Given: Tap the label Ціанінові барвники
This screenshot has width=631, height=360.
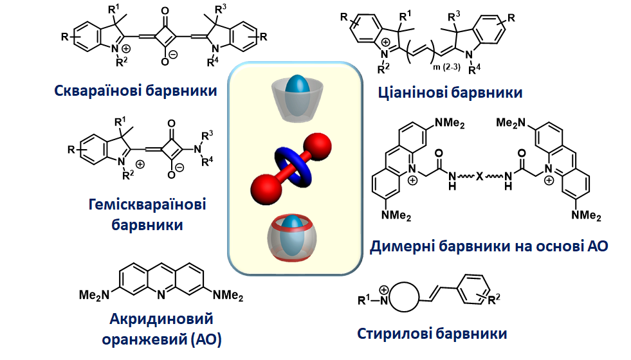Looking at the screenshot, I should click(x=450, y=93).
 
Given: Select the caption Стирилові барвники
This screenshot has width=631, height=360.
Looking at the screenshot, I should click(x=432, y=334).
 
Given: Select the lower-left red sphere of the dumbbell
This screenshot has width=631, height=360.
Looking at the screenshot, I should click(x=264, y=195).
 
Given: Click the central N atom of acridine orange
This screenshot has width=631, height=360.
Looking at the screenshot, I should click(x=159, y=295).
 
